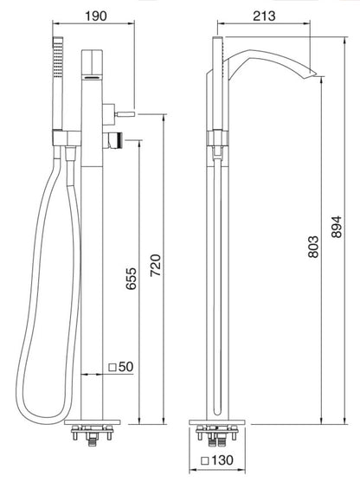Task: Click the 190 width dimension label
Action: (96, 14)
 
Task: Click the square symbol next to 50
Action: (113, 368)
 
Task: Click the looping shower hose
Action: (35, 286)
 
